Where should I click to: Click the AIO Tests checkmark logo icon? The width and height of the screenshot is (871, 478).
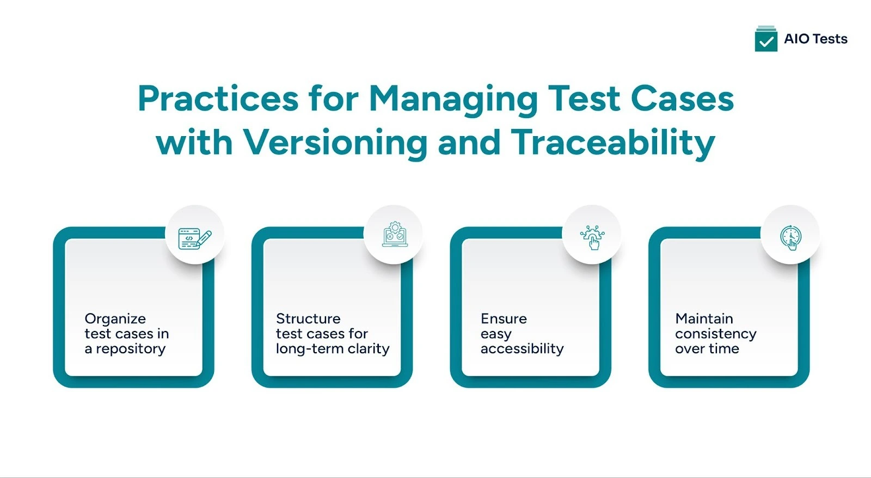pos(766,39)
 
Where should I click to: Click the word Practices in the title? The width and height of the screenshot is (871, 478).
pos(218,99)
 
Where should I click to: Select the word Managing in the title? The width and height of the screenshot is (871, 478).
pos(453,99)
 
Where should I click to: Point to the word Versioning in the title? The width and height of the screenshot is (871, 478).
pos(335,143)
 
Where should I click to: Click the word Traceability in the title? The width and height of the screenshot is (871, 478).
pos(612,143)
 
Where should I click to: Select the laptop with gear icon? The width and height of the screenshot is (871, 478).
pos(394,235)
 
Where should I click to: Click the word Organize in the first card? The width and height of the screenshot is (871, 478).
pos(115,319)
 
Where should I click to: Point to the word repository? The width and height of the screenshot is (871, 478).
pos(131,350)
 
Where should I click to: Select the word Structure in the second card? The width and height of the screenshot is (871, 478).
pos(308,318)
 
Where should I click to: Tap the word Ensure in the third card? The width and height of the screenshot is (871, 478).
pos(504,318)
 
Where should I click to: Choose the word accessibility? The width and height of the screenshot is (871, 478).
pos(522,348)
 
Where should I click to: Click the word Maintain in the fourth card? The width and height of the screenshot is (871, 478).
pos(704,318)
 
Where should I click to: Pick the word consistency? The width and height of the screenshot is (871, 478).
pos(716,334)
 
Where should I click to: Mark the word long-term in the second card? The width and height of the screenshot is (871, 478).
pos(309,348)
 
